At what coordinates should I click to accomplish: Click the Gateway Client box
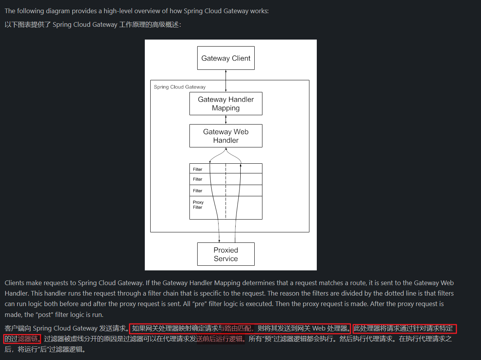[226, 58]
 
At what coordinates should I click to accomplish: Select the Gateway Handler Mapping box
[226, 104]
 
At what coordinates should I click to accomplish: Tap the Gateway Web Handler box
[226, 136]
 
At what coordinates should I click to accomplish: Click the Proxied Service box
[226, 254]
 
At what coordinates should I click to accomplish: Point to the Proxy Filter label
[198, 205]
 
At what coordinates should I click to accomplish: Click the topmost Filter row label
[198, 169]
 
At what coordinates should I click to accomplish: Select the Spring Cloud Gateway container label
[179, 87]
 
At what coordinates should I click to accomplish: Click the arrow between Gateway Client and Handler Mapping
[226, 81]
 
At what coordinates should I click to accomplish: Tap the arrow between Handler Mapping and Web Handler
[226, 119]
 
